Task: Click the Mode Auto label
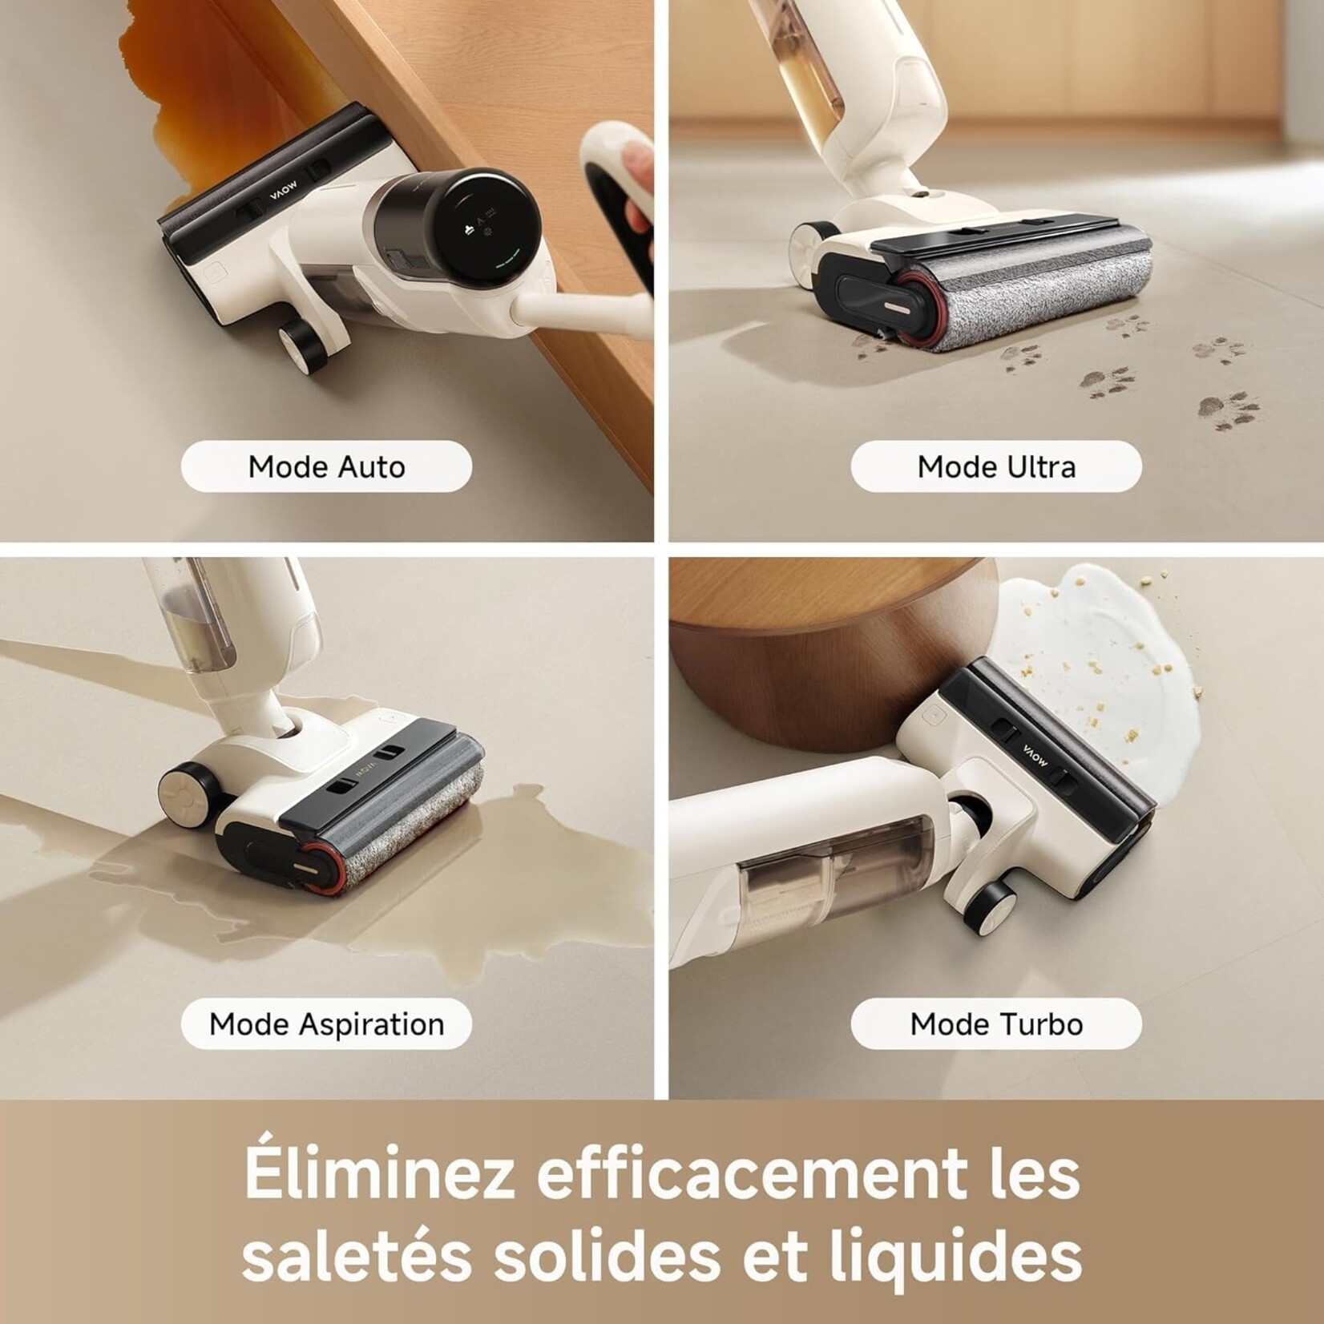coord(326,466)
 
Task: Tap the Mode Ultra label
coord(995,466)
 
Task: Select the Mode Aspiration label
coord(326,1023)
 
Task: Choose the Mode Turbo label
coord(995,1023)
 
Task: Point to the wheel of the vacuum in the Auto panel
coord(303,346)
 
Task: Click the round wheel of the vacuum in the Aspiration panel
coord(186,795)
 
